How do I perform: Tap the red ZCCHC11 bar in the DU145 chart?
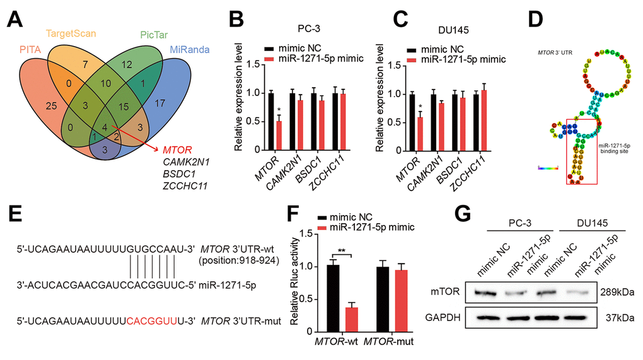(x=490, y=120)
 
